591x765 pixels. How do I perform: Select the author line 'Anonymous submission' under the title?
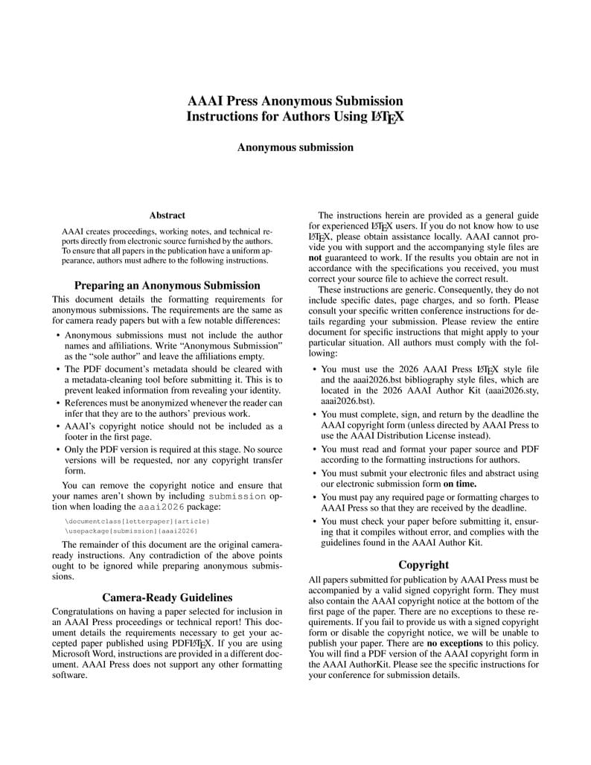click(295, 147)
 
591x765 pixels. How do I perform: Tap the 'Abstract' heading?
click(167, 215)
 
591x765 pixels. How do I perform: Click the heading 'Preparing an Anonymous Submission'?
click(167, 285)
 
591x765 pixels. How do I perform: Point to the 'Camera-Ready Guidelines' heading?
click(167, 597)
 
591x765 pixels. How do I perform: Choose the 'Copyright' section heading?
click(424, 564)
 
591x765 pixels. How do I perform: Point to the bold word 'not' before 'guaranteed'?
click(316, 257)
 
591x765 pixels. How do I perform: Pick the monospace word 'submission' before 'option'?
click(237, 496)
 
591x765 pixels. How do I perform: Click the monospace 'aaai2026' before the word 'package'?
click(162, 506)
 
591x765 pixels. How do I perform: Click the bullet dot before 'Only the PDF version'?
click(58, 450)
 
